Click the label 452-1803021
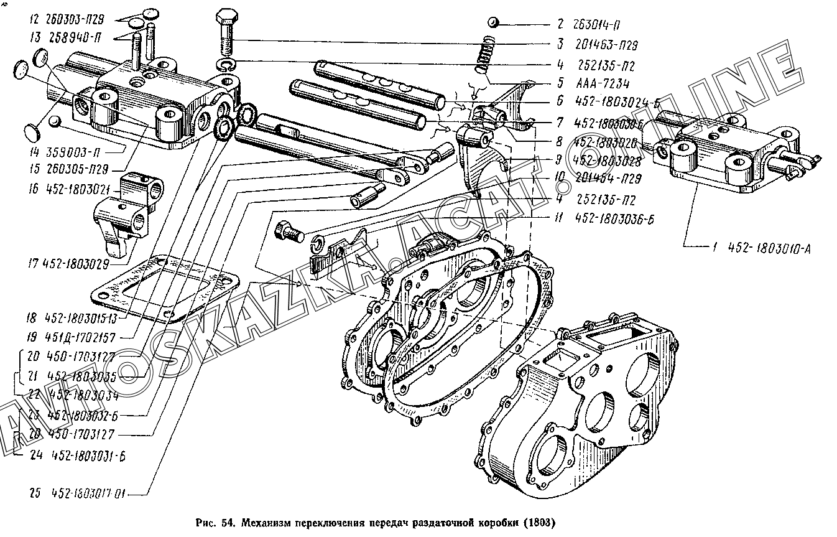pyautogui.click(x=70, y=187)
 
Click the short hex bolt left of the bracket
pyautogui.click(x=287, y=231)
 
